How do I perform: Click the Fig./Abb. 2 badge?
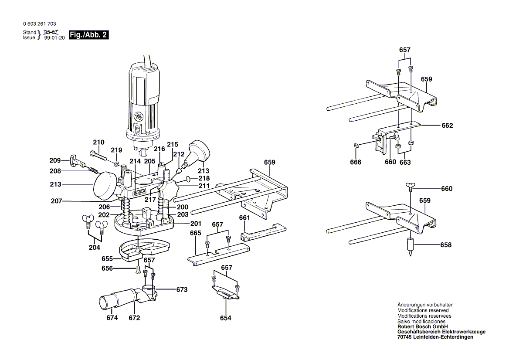point(88,35)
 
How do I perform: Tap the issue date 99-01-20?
point(54,38)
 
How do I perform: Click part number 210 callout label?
point(99,142)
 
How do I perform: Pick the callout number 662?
point(447,126)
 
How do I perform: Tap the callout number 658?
point(446,245)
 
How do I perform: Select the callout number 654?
point(225,318)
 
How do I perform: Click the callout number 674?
point(112,318)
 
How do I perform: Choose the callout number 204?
point(94,247)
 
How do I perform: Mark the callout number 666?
point(356,162)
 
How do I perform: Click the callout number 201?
point(196,223)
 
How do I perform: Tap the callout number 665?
point(195,233)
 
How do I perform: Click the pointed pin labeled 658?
point(410,246)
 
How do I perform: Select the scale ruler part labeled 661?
point(263,231)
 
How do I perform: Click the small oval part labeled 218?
point(188,179)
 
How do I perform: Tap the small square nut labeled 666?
point(355,146)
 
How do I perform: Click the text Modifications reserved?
point(423,310)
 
